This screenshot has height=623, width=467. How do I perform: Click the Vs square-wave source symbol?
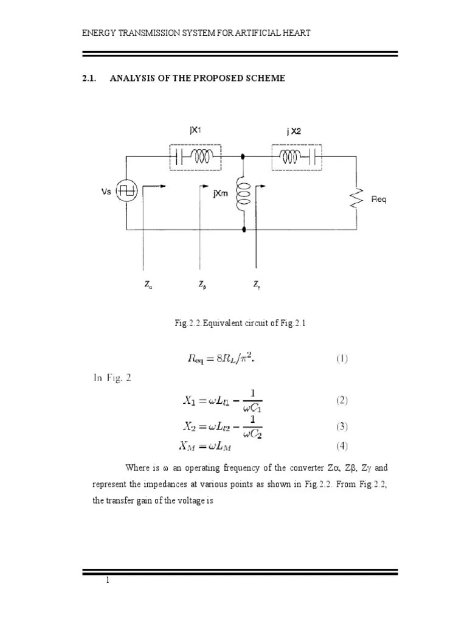click(x=129, y=191)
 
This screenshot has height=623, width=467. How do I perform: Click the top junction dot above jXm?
click(x=244, y=156)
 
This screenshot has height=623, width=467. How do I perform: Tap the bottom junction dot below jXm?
click(x=244, y=230)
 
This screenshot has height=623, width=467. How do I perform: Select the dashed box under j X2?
click(x=296, y=156)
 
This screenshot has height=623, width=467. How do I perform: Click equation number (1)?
click(x=342, y=358)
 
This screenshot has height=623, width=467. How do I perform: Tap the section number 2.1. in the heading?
click(x=90, y=78)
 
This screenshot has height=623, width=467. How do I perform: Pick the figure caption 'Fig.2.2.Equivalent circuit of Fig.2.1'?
click(x=239, y=324)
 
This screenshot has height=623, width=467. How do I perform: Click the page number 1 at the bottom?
click(x=108, y=580)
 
